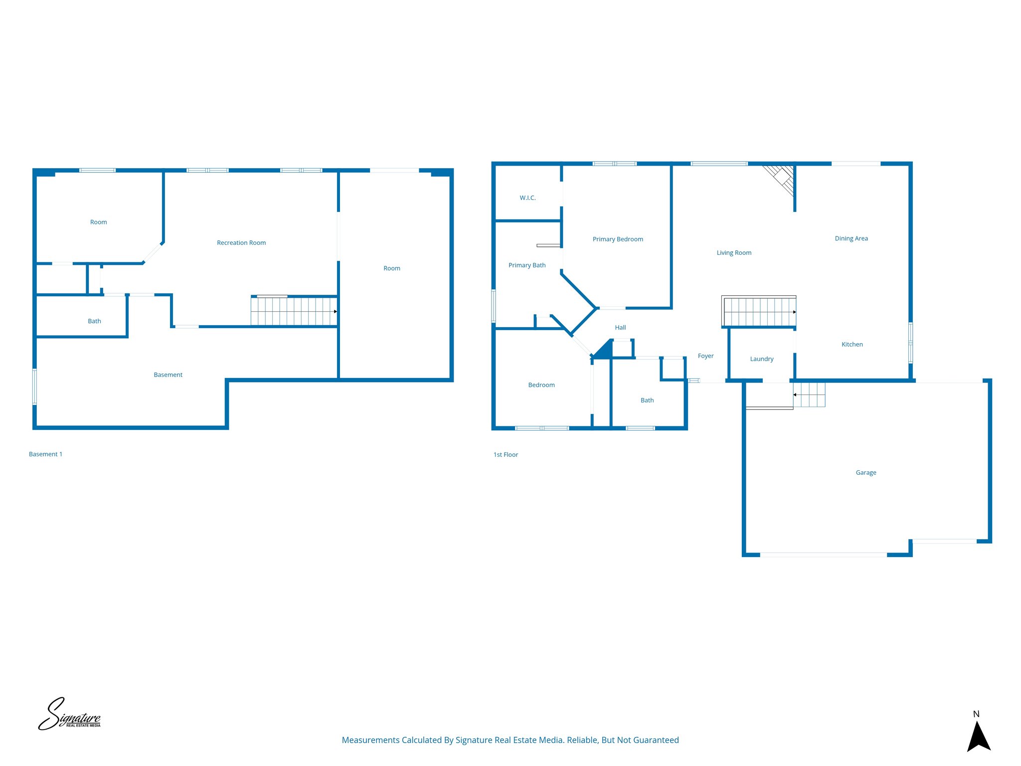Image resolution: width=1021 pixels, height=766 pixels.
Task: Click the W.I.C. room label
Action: coord(527,198)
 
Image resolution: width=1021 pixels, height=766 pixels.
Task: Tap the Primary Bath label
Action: coord(527,265)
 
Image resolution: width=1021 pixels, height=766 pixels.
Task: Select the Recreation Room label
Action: coord(241,243)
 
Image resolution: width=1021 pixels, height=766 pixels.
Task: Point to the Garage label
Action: coord(866,473)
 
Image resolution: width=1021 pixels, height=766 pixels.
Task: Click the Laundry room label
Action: coord(762,359)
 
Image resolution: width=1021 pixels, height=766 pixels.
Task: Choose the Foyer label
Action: coord(705,356)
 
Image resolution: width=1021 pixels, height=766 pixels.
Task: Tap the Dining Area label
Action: coord(851,238)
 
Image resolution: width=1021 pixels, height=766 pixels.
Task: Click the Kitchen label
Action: coord(852,345)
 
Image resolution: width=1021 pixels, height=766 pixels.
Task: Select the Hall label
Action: coord(620,328)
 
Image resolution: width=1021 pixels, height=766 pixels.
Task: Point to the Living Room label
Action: coord(734,253)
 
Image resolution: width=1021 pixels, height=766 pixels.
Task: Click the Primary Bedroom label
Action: coord(618,239)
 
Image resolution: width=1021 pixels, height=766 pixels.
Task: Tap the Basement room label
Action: coord(168,375)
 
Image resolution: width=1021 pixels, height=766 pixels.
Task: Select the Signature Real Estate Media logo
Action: coord(70,714)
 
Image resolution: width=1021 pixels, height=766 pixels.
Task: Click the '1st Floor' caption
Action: coord(506,455)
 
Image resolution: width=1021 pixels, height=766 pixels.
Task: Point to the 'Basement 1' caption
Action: coord(45,454)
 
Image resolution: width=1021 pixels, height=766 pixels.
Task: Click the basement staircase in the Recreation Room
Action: coord(294,312)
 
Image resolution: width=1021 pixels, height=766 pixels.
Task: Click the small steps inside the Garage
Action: coord(809,394)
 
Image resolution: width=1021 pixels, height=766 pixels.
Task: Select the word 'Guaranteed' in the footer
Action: coord(656,740)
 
